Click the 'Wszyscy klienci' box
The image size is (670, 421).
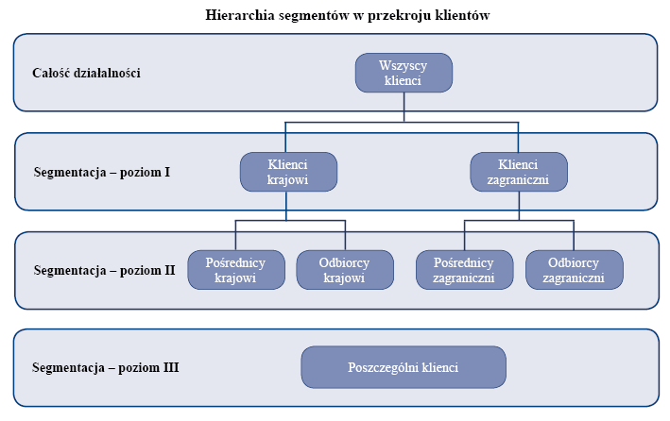tap(404, 73)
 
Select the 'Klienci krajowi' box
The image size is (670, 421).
tap(288, 172)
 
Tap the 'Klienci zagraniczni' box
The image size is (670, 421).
tap(519, 172)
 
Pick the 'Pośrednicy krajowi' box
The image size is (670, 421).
tap(236, 270)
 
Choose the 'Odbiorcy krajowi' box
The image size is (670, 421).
tap(345, 270)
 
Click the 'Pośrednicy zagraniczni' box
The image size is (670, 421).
tap(465, 270)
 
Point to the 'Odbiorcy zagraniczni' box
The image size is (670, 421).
tap(575, 270)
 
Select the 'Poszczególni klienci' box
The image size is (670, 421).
tap(404, 367)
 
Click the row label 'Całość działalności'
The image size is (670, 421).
tap(86, 73)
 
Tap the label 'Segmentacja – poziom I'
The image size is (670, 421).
tap(102, 172)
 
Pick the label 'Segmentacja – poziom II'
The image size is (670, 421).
tap(104, 270)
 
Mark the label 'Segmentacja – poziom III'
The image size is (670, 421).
tap(106, 367)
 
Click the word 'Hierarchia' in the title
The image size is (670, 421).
tap(240, 15)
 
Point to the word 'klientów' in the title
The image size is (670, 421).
tap(462, 15)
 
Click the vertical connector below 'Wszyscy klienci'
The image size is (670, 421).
tap(404, 108)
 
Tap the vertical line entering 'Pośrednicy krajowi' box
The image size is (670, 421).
tap(235, 235)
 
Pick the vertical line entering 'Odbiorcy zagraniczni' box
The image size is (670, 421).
tap(574, 235)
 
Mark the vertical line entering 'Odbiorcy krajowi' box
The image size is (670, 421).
tap(345, 235)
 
